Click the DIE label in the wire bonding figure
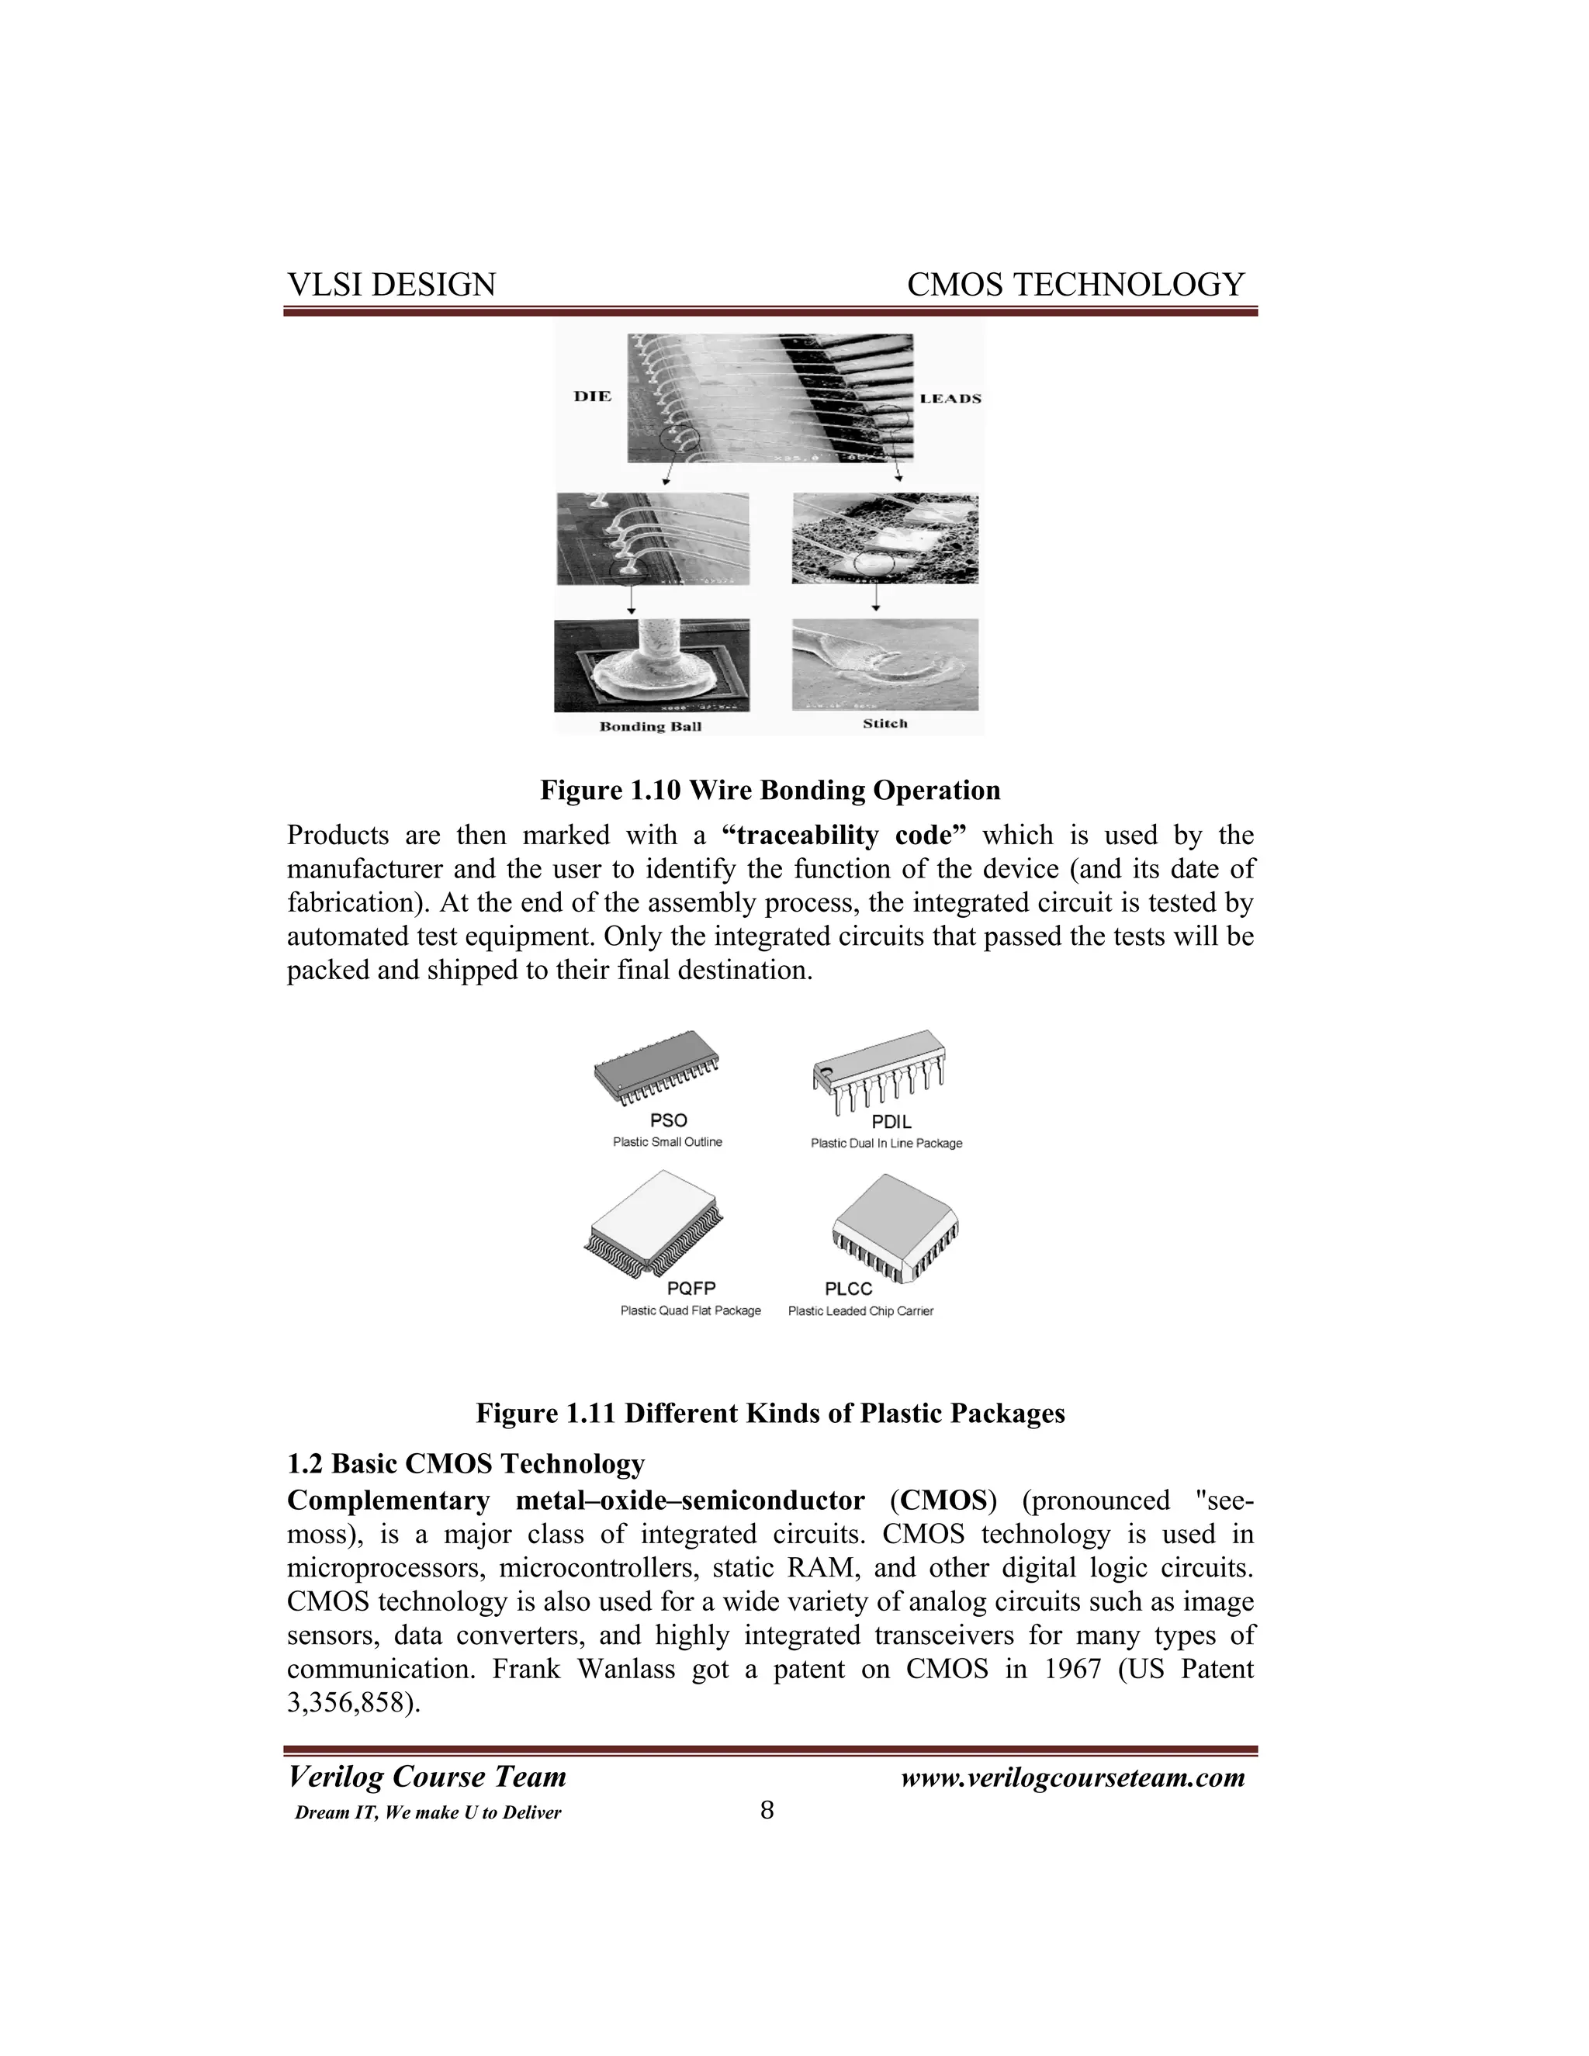pyautogui.click(x=592, y=396)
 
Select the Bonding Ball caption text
pyautogui.click(x=650, y=726)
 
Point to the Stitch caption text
pyautogui.click(x=885, y=723)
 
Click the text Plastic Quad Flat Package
pyautogui.click(x=690, y=1310)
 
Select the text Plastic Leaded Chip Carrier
pyautogui.click(x=860, y=1310)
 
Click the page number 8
pyautogui.click(x=767, y=1809)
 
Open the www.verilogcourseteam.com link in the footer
pyautogui.click(x=1072, y=1777)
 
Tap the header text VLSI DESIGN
pyautogui.click(x=391, y=284)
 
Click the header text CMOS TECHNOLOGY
pyautogui.click(x=1075, y=284)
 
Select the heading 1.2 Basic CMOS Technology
pyautogui.click(x=466, y=1463)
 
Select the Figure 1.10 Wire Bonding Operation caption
pyautogui.click(x=769, y=790)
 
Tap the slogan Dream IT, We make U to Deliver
pyautogui.click(x=428, y=1813)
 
